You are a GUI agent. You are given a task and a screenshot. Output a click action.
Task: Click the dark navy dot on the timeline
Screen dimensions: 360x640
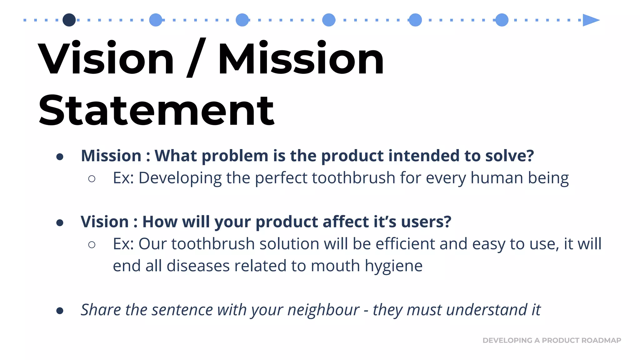69,20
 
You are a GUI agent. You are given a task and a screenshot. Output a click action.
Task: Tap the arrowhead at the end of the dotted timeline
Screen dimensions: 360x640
590,20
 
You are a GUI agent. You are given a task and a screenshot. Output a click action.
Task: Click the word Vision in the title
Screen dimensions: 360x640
106,58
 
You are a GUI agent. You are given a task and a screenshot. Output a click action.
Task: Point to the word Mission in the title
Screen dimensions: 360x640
301,58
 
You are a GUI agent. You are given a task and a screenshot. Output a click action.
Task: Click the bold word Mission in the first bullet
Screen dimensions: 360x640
111,156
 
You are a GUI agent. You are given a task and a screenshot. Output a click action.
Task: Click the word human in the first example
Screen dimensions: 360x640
497,178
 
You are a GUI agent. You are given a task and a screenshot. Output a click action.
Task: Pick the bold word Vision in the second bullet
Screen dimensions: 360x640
105,222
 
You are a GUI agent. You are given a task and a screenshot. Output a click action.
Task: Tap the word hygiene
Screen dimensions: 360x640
393,266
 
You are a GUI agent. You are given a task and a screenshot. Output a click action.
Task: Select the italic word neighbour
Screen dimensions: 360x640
323,310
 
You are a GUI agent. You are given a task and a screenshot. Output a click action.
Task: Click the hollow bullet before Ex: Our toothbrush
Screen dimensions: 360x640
92,244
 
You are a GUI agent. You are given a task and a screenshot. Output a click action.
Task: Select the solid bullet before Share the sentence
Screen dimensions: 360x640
60,311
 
